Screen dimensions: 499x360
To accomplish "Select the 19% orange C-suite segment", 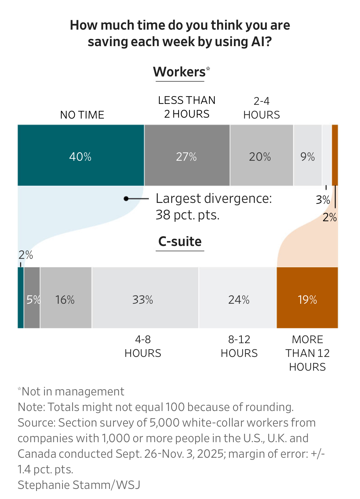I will point(307,298).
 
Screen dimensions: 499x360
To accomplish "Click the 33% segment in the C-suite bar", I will point(145,298).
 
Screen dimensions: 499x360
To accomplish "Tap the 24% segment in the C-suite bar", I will point(238,298).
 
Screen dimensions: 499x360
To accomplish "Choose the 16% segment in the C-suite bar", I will point(66,298).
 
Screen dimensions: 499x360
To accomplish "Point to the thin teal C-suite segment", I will point(20,298).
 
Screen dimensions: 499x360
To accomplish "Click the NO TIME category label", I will point(82,115).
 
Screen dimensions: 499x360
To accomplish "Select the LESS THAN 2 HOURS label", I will point(187,107).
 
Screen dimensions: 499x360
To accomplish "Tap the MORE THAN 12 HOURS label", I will point(307,353).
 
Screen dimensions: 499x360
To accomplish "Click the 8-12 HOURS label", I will point(239,346).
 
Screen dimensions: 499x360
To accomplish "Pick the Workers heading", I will point(180,72).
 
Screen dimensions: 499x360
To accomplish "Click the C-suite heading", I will point(180,241).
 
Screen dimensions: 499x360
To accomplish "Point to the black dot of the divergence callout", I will point(126,199).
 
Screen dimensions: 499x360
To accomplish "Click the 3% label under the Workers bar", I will point(323,200).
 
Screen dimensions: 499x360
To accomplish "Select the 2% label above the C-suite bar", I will point(26,255).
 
